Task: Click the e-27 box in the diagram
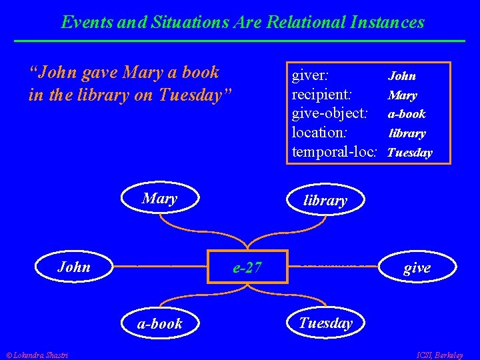click(x=247, y=267)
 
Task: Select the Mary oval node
click(x=159, y=199)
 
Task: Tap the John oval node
click(x=74, y=267)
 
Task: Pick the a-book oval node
click(x=159, y=323)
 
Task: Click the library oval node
click(x=325, y=200)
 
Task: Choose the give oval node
click(x=417, y=268)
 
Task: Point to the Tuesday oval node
click(x=325, y=323)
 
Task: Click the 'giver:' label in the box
click(x=314, y=75)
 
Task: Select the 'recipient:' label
click(x=322, y=95)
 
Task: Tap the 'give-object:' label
click(x=330, y=113)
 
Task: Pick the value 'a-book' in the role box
click(x=407, y=114)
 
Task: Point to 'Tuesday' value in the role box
click(x=409, y=153)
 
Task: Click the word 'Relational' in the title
click(x=303, y=22)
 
